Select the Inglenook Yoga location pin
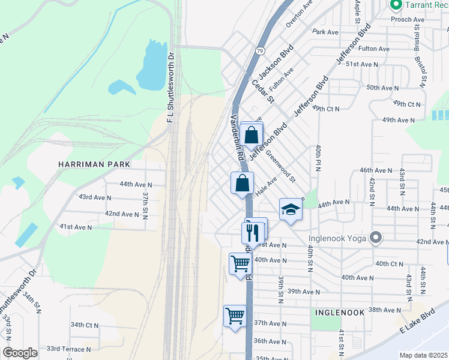point(376,238)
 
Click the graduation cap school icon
point(291,209)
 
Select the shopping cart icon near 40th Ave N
point(240,263)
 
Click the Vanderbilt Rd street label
point(237,137)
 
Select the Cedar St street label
point(262,91)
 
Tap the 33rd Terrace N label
point(69,349)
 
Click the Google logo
point(20,353)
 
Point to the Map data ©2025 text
point(423,355)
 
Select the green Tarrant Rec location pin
point(396,5)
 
